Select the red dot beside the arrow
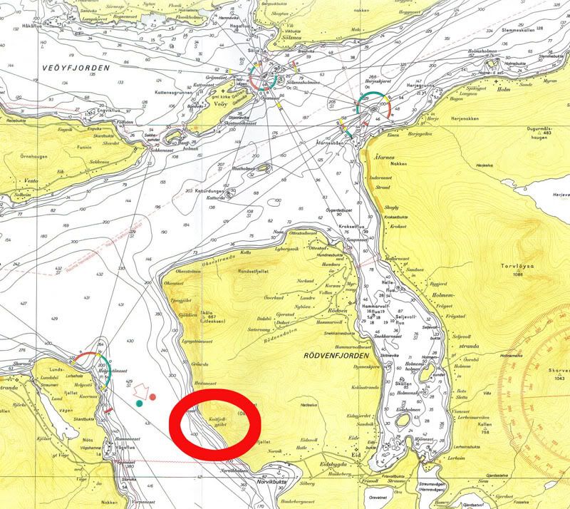click(153, 397)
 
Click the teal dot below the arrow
click(140, 403)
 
